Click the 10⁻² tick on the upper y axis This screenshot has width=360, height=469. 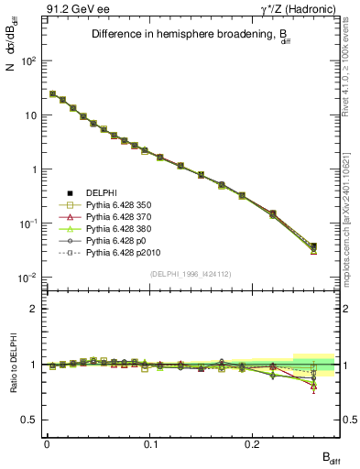coord(27,278)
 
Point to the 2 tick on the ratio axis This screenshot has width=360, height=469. coord(35,309)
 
